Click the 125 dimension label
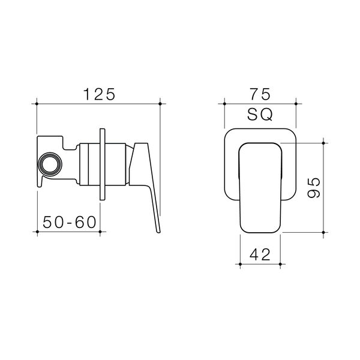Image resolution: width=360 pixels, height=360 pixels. coord(99,94)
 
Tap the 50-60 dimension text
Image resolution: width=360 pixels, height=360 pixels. coord(70,221)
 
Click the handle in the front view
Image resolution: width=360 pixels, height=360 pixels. coord(260,186)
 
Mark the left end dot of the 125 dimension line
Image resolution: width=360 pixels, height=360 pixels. coord(37,104)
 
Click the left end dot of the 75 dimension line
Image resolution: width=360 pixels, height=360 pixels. coord(224,104)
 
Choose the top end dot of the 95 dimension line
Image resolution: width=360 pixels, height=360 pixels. coord(324,143)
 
